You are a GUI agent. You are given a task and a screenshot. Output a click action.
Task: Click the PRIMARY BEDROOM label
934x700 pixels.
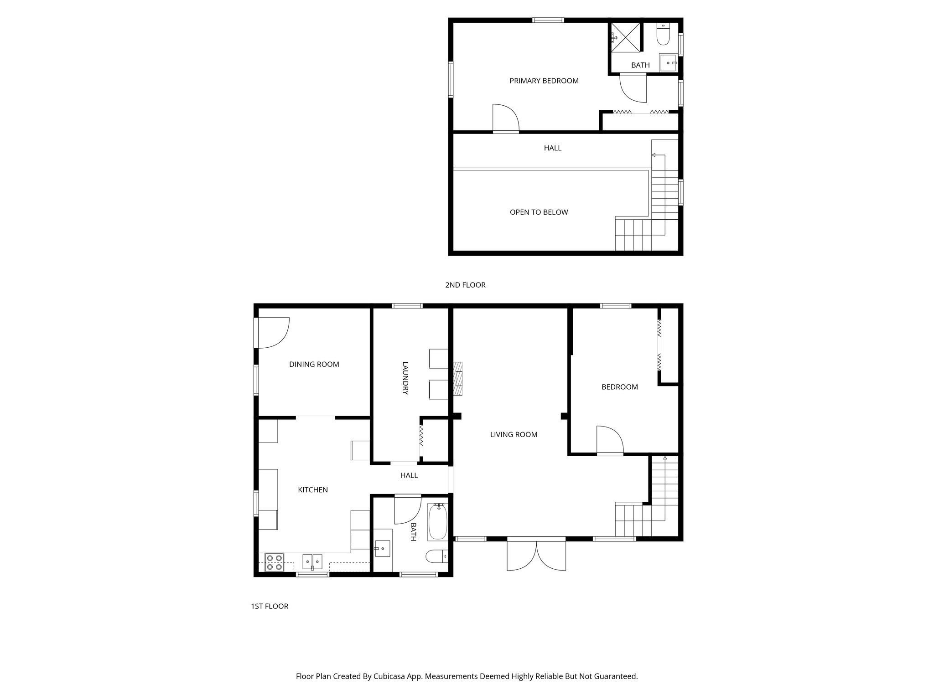click(x=544, y=81)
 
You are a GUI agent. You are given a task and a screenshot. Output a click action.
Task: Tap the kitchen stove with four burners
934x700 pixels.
click(x=274, y=562)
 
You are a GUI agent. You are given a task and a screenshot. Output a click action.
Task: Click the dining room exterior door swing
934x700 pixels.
click(x=273, y=333)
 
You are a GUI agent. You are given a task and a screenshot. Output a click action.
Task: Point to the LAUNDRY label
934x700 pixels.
click(x=405, y=378)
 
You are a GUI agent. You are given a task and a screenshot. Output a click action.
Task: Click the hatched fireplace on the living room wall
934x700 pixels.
click(x=458, y=378)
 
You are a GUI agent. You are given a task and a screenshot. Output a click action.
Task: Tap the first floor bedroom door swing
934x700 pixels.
click(x=609, y=440)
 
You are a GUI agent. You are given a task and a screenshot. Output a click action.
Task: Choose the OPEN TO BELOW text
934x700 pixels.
click(x=539, y=212)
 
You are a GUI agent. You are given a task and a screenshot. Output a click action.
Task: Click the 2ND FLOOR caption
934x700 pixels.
click(x=465, y=285)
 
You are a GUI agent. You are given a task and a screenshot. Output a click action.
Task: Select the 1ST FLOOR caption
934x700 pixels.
click(x=270, y=606)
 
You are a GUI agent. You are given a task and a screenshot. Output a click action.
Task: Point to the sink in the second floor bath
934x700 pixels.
click(x=668, y=63)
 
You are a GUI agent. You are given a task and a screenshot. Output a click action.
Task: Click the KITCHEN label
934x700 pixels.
click(x=313, y=490)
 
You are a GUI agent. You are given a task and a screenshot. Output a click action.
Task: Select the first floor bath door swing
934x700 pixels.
click(x=407, y=509)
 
